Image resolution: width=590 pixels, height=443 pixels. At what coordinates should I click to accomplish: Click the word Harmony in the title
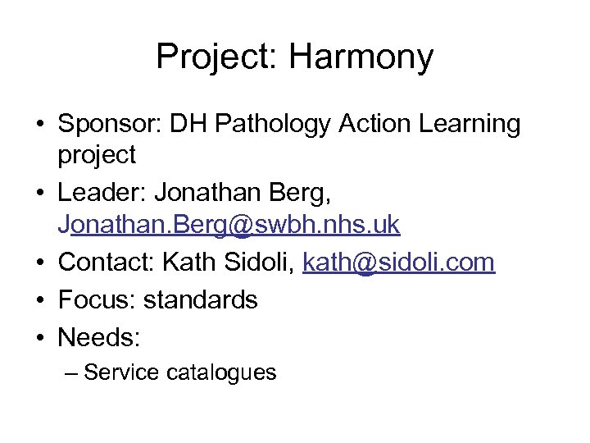361,57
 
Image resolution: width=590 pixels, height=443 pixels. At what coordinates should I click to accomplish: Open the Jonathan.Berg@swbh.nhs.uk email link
229,224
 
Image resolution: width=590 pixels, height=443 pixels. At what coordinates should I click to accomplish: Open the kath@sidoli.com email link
399,263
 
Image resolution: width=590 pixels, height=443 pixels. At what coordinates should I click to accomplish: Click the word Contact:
107,263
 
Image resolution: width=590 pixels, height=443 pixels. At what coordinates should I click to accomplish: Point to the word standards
200,299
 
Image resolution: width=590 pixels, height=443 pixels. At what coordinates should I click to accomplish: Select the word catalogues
221,372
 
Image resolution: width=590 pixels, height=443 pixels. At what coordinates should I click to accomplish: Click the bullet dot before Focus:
39,299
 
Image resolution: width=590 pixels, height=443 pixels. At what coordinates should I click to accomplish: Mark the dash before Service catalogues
71,372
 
